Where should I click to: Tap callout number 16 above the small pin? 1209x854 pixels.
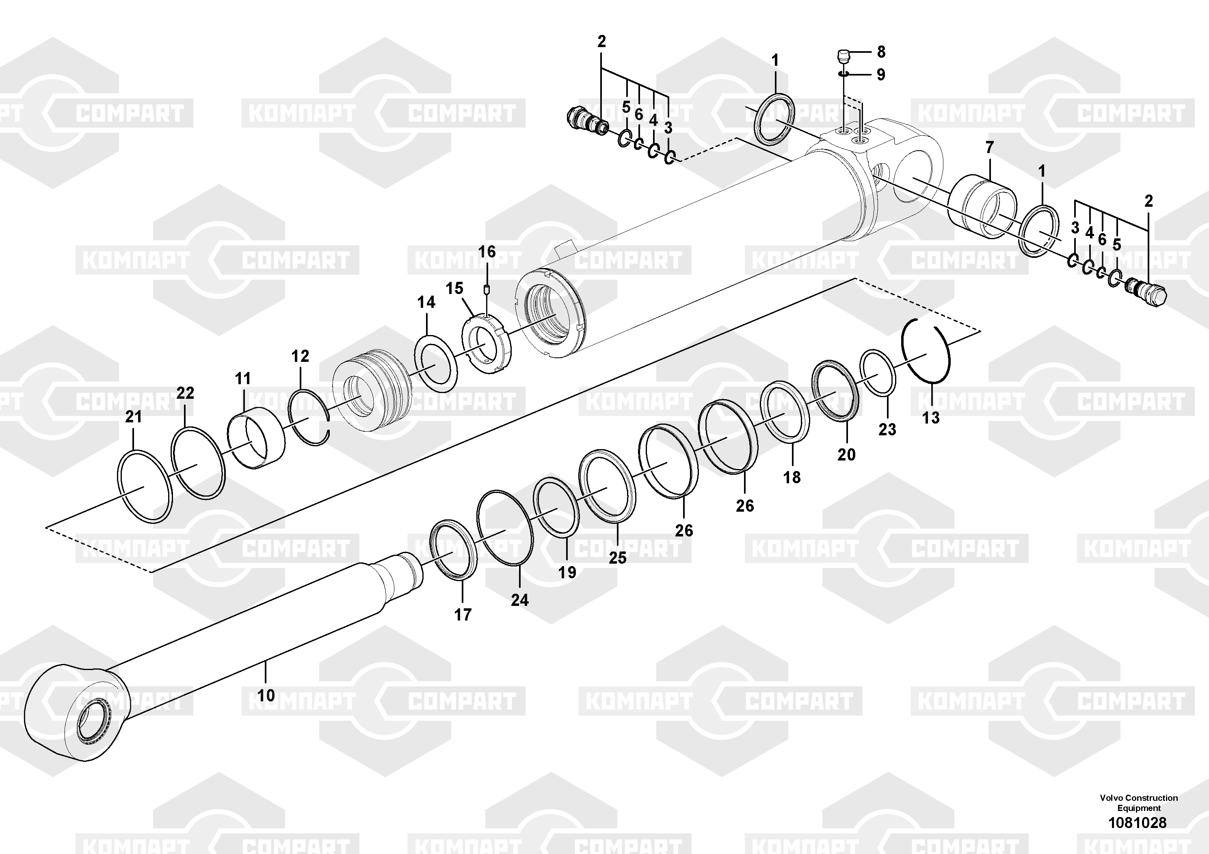point(487,252)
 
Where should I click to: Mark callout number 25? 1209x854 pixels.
point(618,558)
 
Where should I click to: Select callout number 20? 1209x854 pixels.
point(846,454)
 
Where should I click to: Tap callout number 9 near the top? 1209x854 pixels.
point(881,74)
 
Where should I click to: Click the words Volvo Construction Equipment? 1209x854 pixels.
point(1138,803)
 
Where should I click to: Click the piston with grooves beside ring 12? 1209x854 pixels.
point(371,389)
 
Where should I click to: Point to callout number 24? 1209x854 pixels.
point(519,600)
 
